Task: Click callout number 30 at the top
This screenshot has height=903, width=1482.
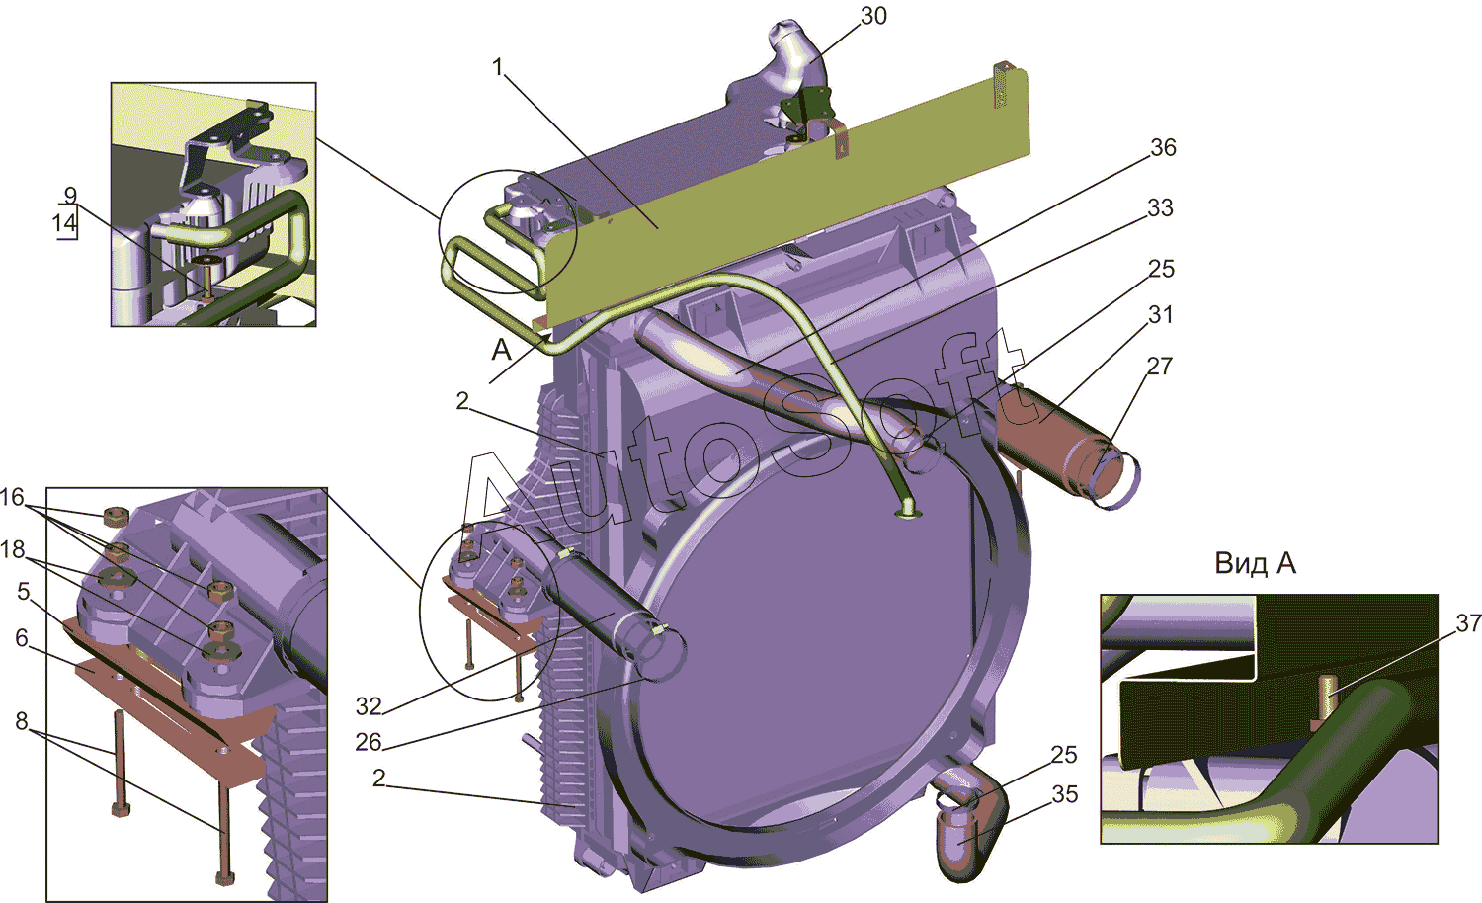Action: point(873,16)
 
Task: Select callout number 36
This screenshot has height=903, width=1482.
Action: point(1163,147)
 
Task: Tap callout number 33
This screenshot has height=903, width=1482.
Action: point(1160,207)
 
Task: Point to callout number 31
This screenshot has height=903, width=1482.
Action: point(1161,315)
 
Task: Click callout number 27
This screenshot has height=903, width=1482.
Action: point(1159,366)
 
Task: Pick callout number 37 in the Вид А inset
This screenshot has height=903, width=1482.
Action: point(1468,622)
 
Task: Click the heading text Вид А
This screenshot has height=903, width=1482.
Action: point(1255,563)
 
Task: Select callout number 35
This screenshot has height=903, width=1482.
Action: point(1064,794)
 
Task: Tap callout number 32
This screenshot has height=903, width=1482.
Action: point(369,706)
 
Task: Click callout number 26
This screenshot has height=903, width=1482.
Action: point(369,742)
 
